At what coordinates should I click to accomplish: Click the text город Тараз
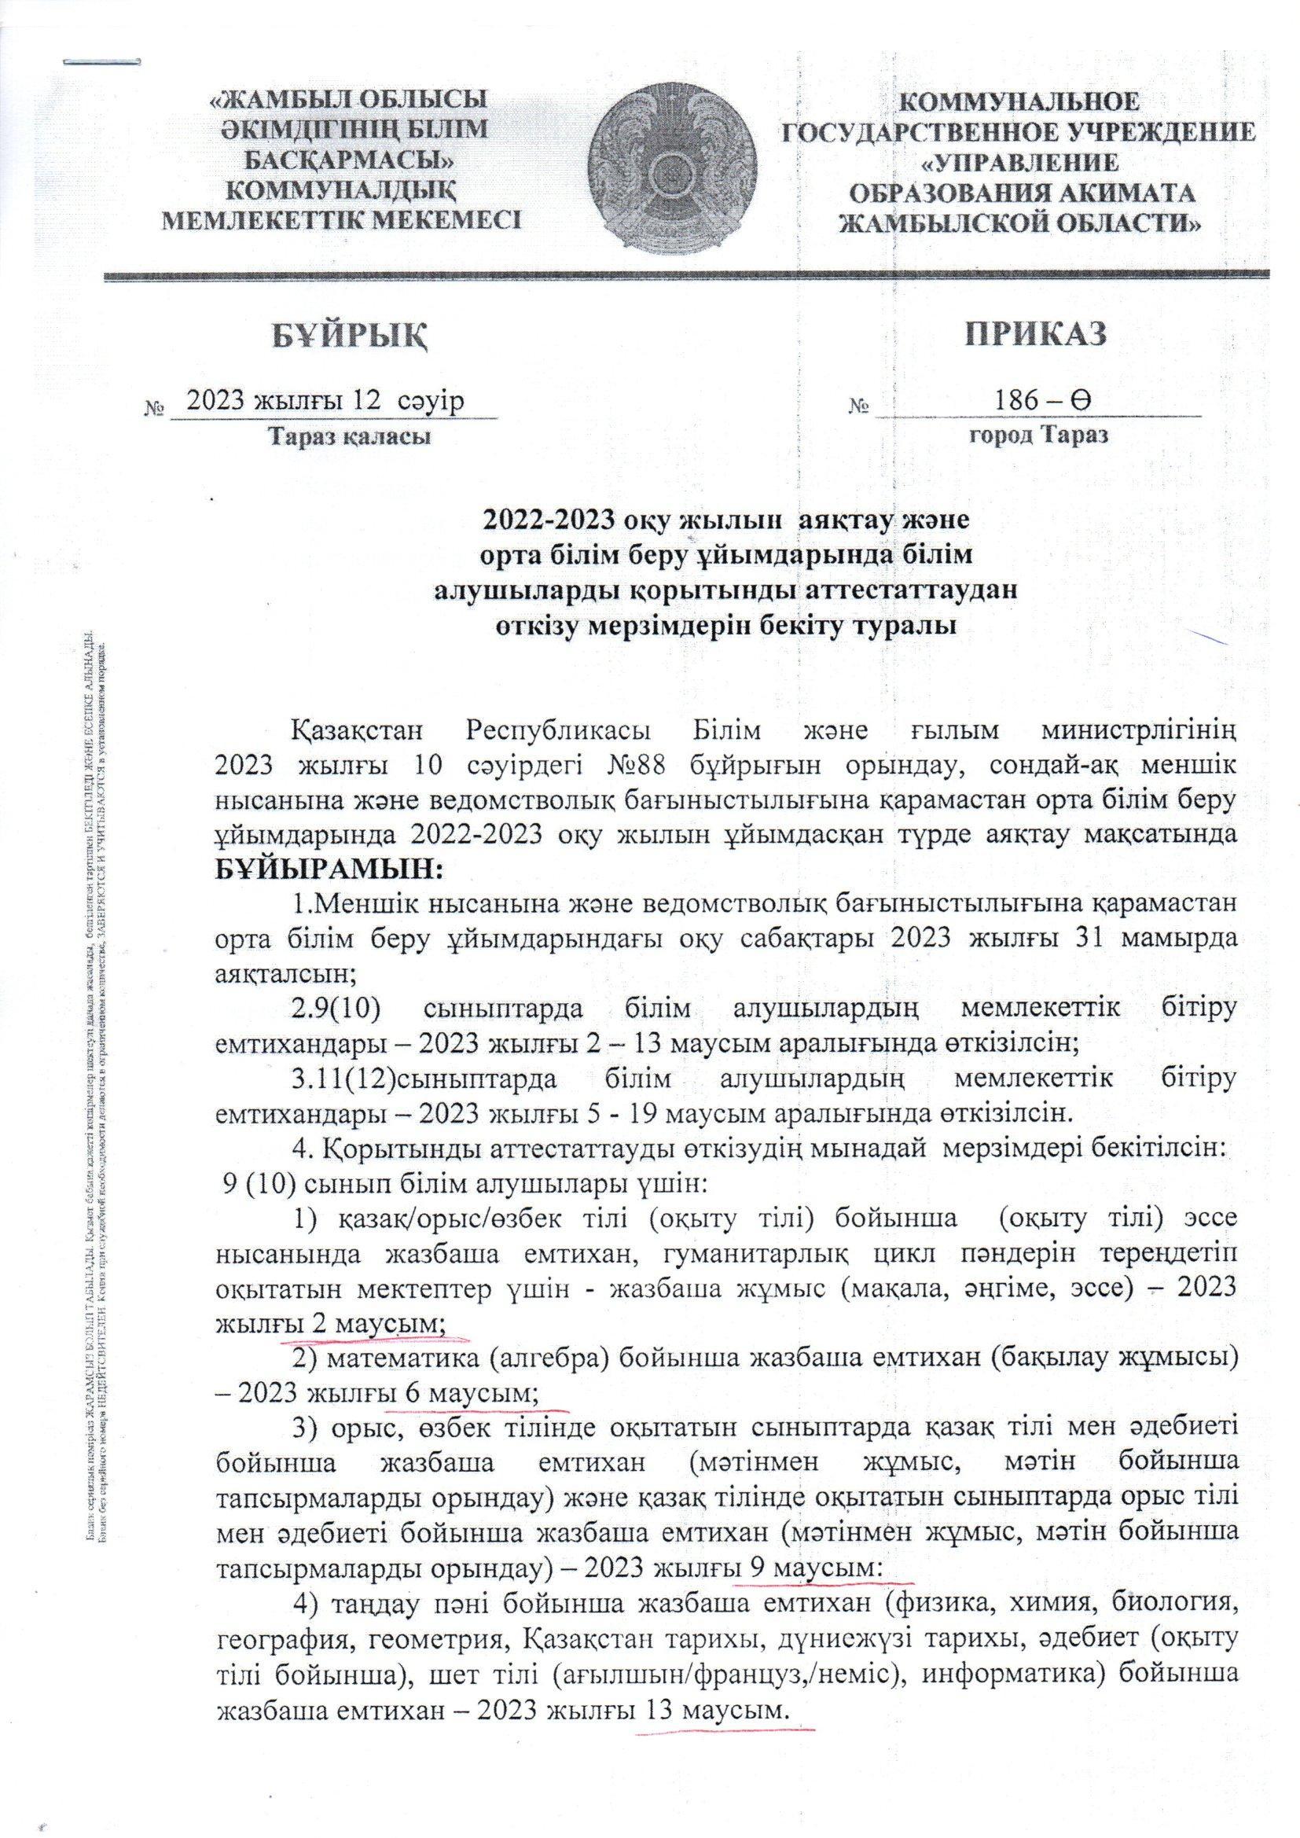[x=1038, y=437]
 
